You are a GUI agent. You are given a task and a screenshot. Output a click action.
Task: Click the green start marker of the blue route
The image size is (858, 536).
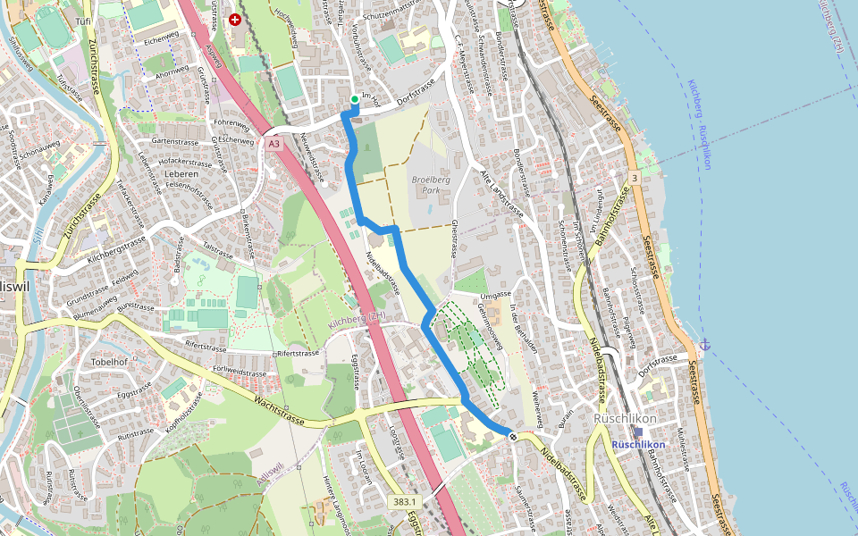tap(355, 99)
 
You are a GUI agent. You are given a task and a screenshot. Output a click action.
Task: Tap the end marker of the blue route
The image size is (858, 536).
tap(512, 435)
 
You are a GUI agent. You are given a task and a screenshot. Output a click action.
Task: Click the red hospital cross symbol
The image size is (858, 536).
tap(235, 19)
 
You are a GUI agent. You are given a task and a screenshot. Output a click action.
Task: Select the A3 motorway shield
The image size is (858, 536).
tap(273, 143)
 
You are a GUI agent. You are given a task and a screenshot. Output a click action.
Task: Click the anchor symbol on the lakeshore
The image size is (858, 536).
tap(705, 344)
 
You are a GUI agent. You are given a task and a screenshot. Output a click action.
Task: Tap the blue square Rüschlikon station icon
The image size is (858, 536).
tap(638, 431)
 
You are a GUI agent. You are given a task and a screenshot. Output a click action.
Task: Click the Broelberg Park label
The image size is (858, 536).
tap(431, 185)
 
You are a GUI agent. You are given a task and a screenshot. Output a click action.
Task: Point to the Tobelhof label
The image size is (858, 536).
tap(109, 362)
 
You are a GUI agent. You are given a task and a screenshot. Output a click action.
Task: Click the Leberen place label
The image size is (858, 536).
tap(181, 174)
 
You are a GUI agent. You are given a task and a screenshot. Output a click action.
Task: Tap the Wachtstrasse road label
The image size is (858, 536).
tap(280, 410)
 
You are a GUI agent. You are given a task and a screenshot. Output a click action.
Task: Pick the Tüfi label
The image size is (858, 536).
tap(84, 21)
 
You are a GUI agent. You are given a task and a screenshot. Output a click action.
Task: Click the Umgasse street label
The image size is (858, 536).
tap(495, 295)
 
